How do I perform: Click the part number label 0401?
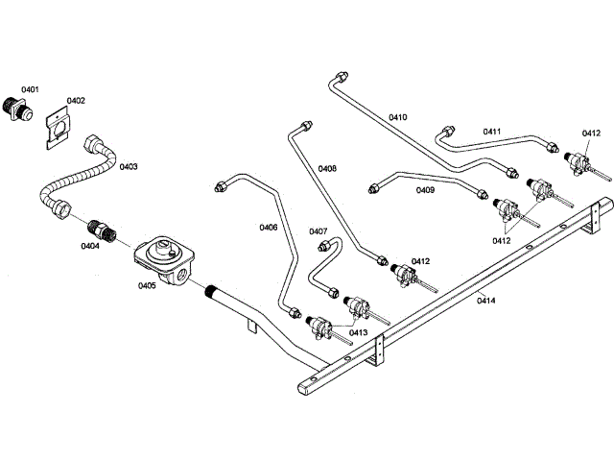30,89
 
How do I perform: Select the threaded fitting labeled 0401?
17,109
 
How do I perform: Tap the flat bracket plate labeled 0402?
58,128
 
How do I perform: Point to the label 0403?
129,167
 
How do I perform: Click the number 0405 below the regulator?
147,286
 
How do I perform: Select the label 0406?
269,228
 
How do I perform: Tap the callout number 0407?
318,231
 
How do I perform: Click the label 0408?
327,169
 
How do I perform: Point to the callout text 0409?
425,190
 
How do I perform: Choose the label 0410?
398,117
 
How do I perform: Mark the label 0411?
492,132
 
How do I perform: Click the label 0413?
358,333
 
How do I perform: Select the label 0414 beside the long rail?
486,301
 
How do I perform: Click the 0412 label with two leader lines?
502,241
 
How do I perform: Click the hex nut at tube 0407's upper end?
323,246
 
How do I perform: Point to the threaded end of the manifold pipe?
211,291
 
